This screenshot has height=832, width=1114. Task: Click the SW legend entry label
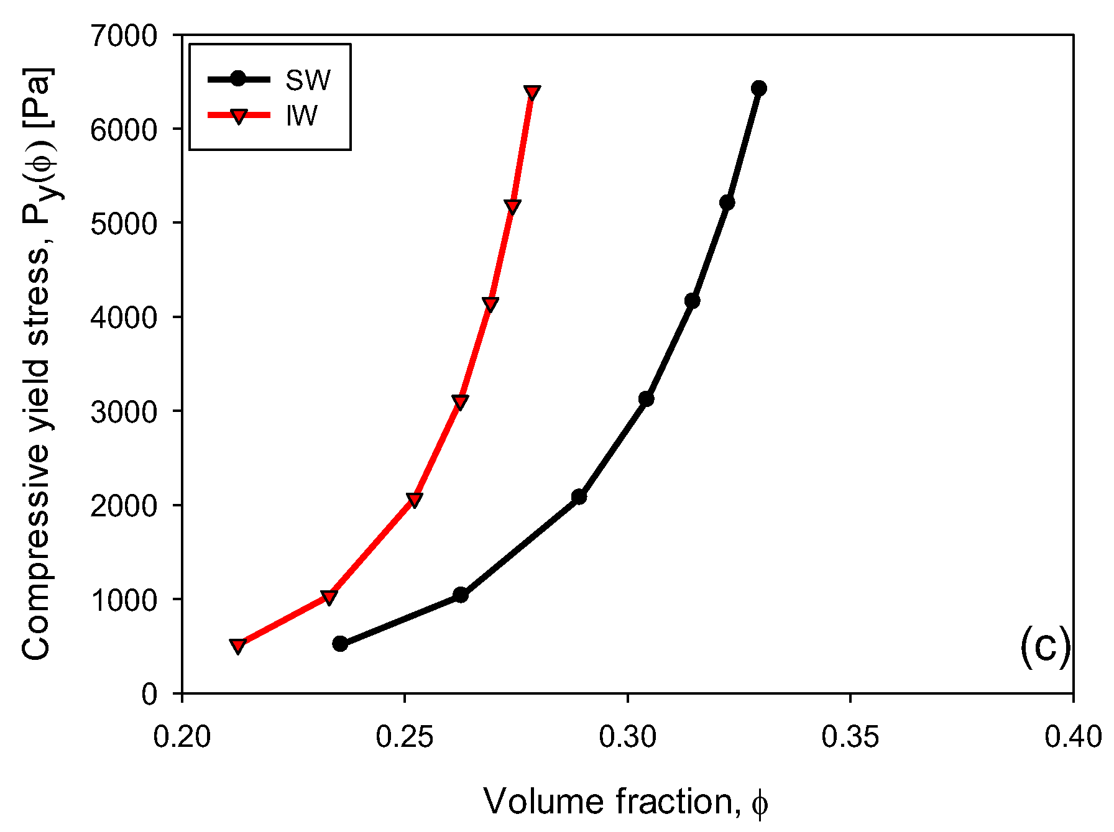(308, 80)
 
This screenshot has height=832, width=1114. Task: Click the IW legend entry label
(302, 116)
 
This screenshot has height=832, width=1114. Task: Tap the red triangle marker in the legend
(239, 116)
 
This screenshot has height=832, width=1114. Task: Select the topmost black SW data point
(758, 88)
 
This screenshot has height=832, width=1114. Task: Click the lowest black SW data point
(340, 644)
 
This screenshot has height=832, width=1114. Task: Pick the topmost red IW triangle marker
(532, 93)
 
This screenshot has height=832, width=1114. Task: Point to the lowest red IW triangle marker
(237, 646)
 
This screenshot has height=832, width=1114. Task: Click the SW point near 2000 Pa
(579, 496)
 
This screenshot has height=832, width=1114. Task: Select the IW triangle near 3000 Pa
(460, 402)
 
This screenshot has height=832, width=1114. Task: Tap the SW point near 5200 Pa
(727, 203)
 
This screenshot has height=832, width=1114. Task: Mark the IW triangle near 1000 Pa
(329, 598)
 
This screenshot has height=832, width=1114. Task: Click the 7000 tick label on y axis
(124, 36)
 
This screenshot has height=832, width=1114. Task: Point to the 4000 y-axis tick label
(124, 318)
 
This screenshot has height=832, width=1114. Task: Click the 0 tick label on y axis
(150, 694)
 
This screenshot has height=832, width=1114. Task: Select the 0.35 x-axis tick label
(850, 737)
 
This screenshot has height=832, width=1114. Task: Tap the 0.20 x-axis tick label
(182, 737)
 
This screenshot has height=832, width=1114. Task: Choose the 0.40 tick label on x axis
(1072, 737)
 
